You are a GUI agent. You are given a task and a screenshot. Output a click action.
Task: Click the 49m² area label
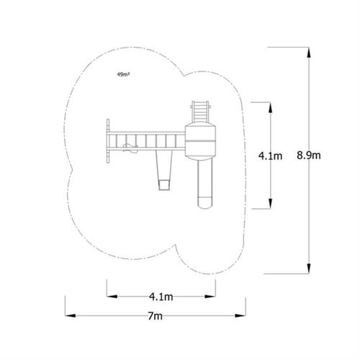pyautogui.click(x=122, y=74)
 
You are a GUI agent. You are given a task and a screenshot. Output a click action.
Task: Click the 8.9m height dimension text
pyautogui.click(x=309, y=155)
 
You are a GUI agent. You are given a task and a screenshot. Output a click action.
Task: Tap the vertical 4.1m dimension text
pyautogui.click(x=271, y=155)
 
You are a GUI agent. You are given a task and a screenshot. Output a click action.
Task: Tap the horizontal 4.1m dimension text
pyautogui.click(x=161, y=296)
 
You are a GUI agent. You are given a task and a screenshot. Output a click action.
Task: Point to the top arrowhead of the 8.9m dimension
pyautogui.click(x=309, y=50)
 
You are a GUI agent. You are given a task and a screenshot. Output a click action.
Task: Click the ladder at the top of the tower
pyautogui.click(x=199, y=111)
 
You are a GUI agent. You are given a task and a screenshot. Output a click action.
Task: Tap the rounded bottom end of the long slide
pyautogui.click(x=204, y=202)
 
